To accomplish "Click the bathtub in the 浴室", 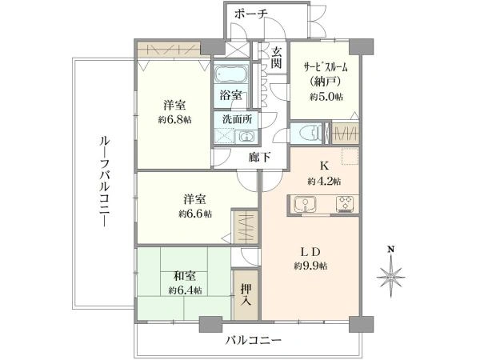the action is tap(231, 74).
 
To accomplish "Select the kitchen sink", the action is tap(305, 203).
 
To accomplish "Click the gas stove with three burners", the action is tap(346, 203).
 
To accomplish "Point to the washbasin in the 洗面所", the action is tap(246, 136).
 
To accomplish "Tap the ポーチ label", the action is tap(251, 14).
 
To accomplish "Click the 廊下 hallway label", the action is tap(259, 158).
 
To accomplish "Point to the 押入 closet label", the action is tap(246, 294).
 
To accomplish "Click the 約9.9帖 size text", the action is tap(310, 266).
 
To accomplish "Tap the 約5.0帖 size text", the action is tap(326, 97).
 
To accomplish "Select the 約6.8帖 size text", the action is tap(174, 120).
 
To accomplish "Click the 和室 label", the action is tap(185, 276).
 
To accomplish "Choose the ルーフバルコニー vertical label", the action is tap(104, 182).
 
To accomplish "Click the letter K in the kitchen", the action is tap(324, 166).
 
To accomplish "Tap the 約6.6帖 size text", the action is tap(195, 214).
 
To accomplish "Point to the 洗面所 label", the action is tap(238, 119).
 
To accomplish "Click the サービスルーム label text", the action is tap(326, 67).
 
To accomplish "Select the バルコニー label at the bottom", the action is tap(254, 340).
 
